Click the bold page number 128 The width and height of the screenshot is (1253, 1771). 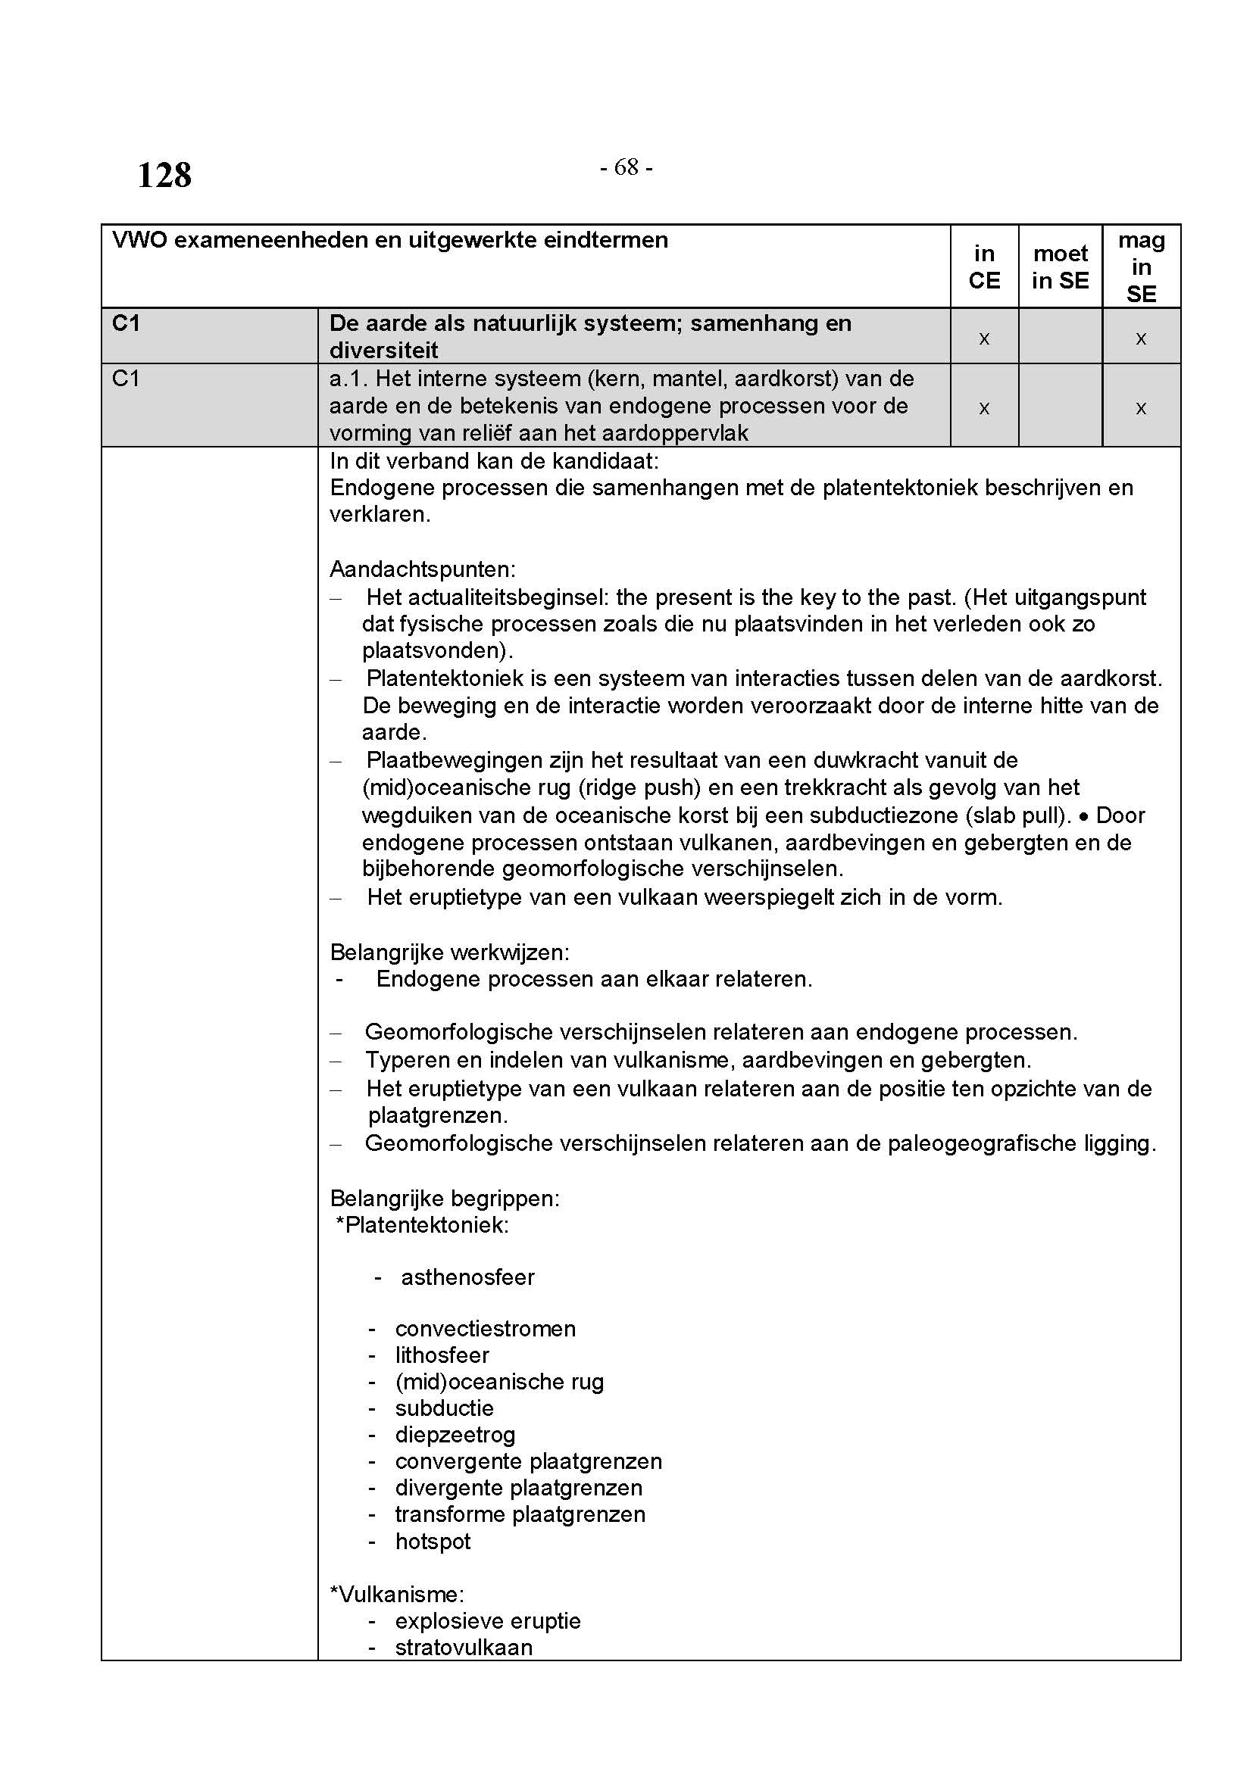click(164, 176)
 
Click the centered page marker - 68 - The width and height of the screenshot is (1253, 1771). click(626, 167)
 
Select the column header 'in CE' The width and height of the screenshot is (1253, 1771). click(984, 267)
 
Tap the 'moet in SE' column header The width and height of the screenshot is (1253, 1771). click(1060, 267)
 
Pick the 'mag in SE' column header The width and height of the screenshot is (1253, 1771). click(1141, 267)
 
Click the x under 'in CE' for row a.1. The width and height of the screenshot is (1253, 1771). click(984, 408)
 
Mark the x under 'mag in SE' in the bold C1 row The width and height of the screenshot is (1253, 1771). click(1141, 338)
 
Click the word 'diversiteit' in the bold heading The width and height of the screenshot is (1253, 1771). click(383, 351)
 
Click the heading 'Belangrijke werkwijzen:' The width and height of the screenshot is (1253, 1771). click(450, 953)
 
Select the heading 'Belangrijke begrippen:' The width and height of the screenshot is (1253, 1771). click(445, 1198)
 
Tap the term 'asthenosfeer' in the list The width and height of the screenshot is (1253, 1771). click(467, 1277)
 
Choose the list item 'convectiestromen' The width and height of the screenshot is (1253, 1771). click(486, 1329)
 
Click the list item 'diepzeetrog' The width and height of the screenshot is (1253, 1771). click(455, 1435)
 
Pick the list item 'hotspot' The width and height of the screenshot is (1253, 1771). click(433, 1541)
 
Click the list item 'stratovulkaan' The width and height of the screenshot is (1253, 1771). click(464, 1648)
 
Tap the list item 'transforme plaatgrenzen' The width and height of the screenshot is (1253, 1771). click(520, 1514)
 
